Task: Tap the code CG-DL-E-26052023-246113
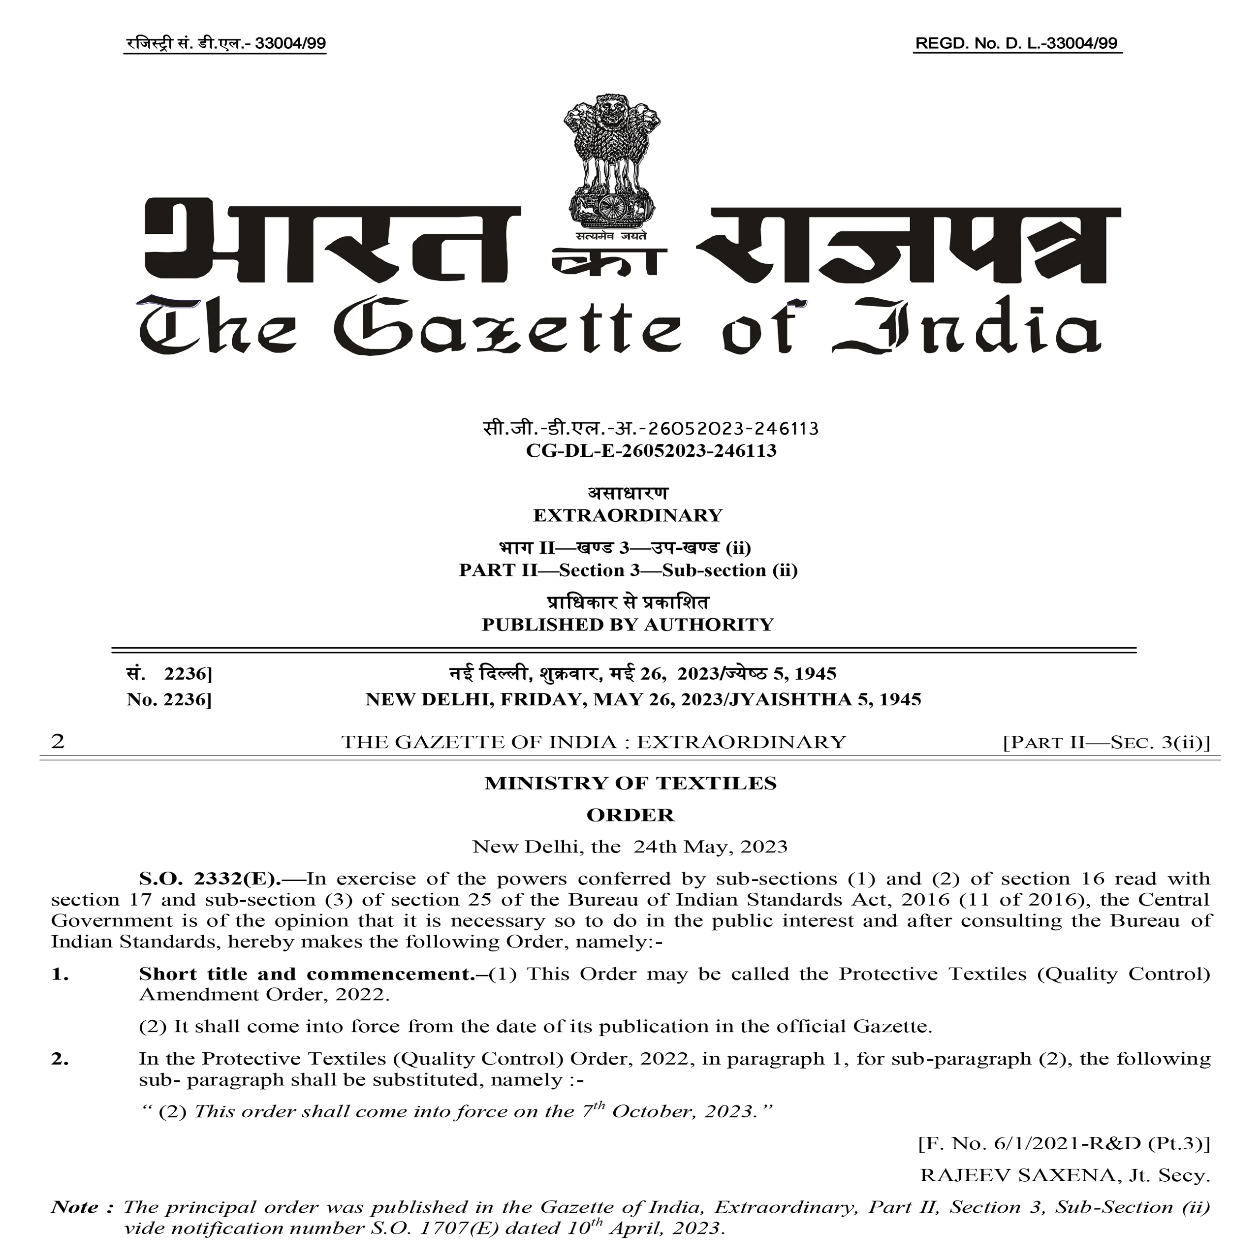click(x=651, y=451)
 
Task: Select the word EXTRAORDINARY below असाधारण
click(x=628, y=515)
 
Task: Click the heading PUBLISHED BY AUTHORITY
click(x=628, y=624)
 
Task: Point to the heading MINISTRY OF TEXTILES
click(x=630, y=783)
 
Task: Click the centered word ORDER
click(x=630, y=815)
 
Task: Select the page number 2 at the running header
click(x=58, y=742)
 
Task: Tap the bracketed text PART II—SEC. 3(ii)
click(x=1106, y=742)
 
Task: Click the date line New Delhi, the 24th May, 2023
click(x=630, y=847)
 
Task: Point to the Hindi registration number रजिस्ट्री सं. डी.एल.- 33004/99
click(x=225, y=44)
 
